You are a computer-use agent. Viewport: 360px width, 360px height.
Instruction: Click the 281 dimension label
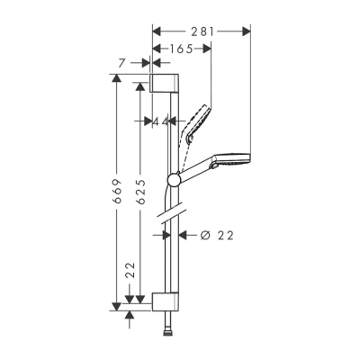pos(202,30)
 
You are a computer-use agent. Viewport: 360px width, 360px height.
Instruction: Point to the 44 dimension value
pos(161,121)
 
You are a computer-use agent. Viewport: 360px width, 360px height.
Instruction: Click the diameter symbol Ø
pos(202,235)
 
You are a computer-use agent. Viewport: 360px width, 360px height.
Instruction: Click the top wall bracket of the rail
pos(164,85)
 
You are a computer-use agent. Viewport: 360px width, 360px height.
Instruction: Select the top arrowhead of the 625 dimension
pos(139,89)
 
